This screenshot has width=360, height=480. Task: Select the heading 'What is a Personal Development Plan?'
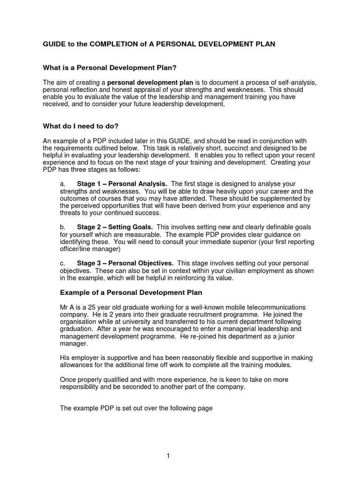click(x=110, y=68)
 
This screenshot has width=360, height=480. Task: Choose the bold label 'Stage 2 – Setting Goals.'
click(x=115, y=227)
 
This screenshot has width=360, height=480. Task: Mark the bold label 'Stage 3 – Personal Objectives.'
click(x=125, y=263)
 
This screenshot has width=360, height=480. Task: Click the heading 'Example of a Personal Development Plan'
click(x=131, y=292)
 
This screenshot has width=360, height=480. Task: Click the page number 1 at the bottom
click(x=168, y=456)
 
